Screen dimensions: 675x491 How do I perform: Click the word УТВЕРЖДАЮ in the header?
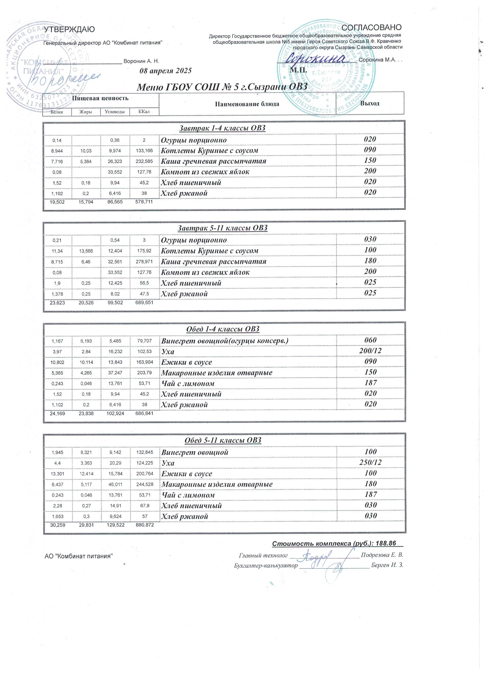(x=69, y=29)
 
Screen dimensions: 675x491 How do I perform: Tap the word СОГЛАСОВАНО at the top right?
(x=372, y=27)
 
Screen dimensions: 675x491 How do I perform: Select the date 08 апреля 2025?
(x=165, y=71)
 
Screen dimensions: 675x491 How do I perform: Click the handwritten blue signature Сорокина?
(x=317, y=58)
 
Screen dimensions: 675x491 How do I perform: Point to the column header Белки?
(x=57, y=112)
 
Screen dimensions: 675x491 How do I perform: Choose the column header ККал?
(x=144, y=112)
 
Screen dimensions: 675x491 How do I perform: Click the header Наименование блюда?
(x=247, y=104)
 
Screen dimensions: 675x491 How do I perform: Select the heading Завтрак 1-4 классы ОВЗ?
(x=222, y=128)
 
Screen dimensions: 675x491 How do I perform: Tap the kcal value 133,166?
(x=144, y=151)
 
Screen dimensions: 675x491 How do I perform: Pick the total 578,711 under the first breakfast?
(x=144, y=202)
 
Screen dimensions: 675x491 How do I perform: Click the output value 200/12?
(x=370, y=351)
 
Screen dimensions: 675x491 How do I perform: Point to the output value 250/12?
(x=370, y=462)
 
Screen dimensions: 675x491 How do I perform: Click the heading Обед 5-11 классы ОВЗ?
(x=223, y=440)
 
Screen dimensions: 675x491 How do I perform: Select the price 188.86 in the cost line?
(x=386, y=543)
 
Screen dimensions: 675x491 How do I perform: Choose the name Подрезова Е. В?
(x=382, y=555)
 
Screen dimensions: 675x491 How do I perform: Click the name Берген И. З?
(x=387, y=565)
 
